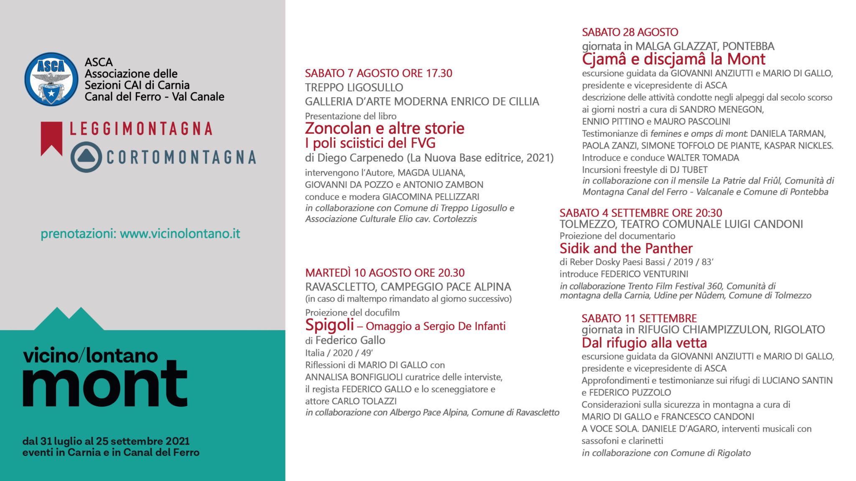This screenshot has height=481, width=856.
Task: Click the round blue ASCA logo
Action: (x=51, y=79)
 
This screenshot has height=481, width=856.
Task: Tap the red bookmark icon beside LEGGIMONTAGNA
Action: (x=51, y=138)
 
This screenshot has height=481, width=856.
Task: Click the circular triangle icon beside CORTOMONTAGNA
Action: (x=86, y=157)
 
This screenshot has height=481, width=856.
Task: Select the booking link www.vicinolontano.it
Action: (x=180, y=233)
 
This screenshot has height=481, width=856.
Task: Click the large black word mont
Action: (x=104, y=384)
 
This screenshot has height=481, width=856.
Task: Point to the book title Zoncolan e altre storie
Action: (x=385, y=128)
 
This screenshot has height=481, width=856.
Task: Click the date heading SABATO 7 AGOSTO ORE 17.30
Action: (x=378, y=73)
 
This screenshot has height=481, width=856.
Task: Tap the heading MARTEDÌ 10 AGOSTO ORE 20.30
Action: (x=385, y=273)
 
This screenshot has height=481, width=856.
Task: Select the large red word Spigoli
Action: (x=329, y=325)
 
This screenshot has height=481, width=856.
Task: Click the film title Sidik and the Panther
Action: (x=626, y=248)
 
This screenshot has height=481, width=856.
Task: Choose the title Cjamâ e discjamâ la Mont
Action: (x=673, y=59)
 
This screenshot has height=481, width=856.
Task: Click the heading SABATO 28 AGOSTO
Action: (x=630, y=32)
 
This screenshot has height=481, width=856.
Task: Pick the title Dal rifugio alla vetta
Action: (x=644, y=343)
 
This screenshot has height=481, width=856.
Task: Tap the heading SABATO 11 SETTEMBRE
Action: (x=639, y=319)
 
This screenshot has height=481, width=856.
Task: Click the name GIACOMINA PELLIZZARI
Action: (x=431, y=197)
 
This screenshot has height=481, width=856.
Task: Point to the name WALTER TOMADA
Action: (x=703, y=158)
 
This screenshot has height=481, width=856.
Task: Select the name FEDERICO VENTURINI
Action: (x=644, y=274)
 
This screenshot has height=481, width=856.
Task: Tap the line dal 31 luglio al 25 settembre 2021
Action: (x=106, y=441)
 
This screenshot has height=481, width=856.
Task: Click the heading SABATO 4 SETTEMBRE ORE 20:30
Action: (x=641, y=213)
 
